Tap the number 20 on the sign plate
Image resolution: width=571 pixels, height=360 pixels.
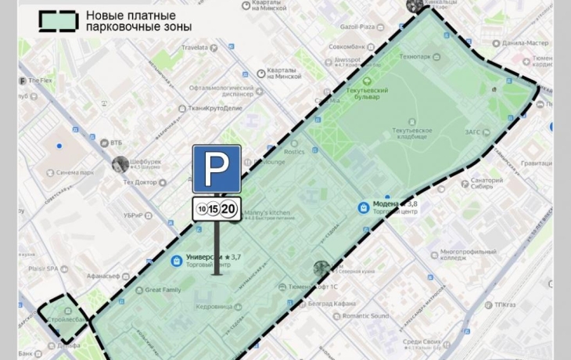(228, 209)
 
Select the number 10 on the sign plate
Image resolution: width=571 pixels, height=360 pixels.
(203, 210)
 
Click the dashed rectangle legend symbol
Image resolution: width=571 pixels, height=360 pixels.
(59, 21)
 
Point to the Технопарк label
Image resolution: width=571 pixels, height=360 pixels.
(415, 57)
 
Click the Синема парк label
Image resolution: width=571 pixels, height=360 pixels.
(76, 173)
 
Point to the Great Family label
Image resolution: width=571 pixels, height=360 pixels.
(163, 290)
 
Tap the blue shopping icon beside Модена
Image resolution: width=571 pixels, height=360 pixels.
(363, 208)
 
